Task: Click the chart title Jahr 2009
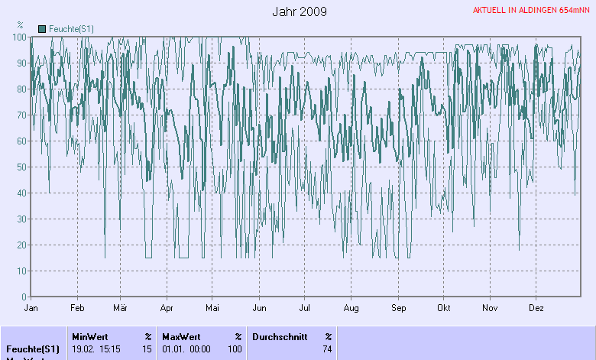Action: click(x=300, y=11)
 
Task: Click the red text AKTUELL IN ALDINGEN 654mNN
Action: click(x=531, y=11)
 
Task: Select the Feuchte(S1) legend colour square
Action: click(x=42, y=28)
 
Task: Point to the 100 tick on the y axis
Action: click(x=19, y=37)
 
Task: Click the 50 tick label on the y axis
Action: click(x=21, y=167)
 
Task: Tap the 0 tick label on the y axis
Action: click(x=24, y=297)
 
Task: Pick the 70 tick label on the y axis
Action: click(x=21, y=115)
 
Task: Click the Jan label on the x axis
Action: click(x=31, y=308)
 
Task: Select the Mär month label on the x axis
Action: click(x=120, y=308)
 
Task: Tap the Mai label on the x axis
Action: click(x=212, y=308)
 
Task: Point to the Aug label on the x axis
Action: click(x=351, y=308)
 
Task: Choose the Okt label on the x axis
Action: click(x=444, y=308)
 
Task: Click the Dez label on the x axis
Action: click(x=536, y=308)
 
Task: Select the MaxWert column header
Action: click(x=181, y=336)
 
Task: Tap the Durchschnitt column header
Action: click(x=280, y=336)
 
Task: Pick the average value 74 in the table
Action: click(x=327, y=349)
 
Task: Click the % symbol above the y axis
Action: click(x=20, y=25)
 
